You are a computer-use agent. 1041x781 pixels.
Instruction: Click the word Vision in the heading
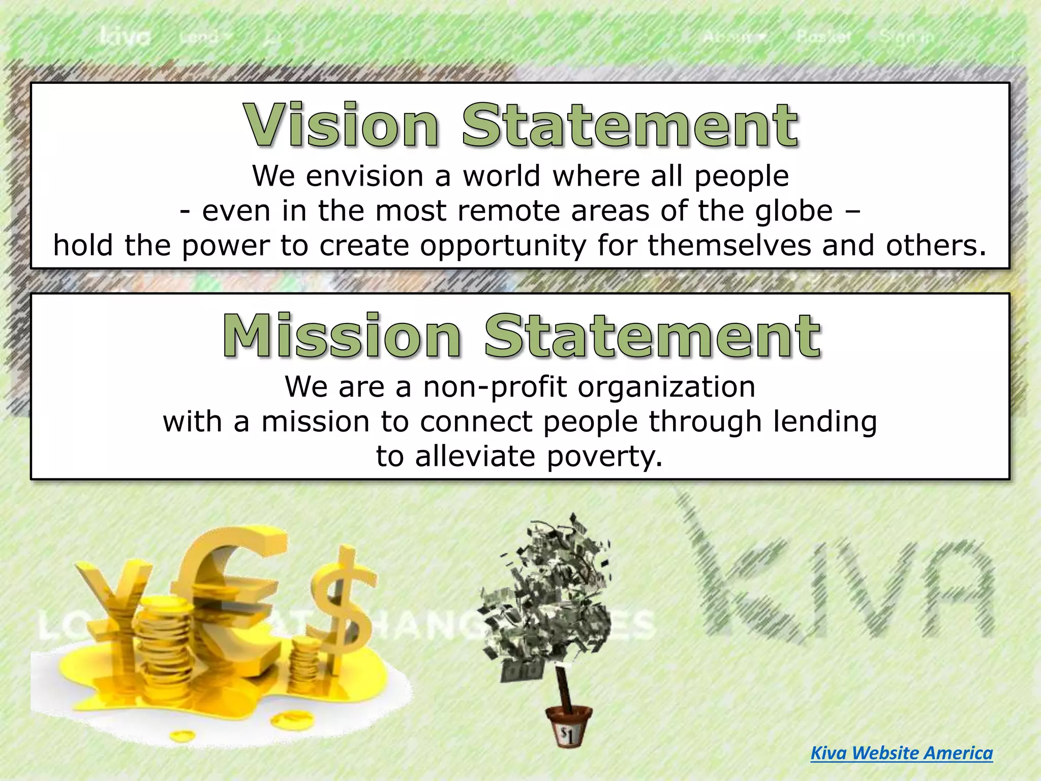(x=341, y=125)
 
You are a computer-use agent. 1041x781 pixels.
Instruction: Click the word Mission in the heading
(x=341, y=336)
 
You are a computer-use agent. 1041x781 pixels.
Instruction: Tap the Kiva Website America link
(x=901, y=753)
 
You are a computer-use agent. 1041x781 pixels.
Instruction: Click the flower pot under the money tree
(x=568, y=727)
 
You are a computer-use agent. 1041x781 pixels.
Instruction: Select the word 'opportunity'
(x=503, y=246)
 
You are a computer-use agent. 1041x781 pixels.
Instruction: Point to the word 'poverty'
(x=605, y=456)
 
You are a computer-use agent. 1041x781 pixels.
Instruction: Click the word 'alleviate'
(x=475, y=456)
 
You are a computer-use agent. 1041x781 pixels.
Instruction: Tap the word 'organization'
(x=666, y=387)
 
